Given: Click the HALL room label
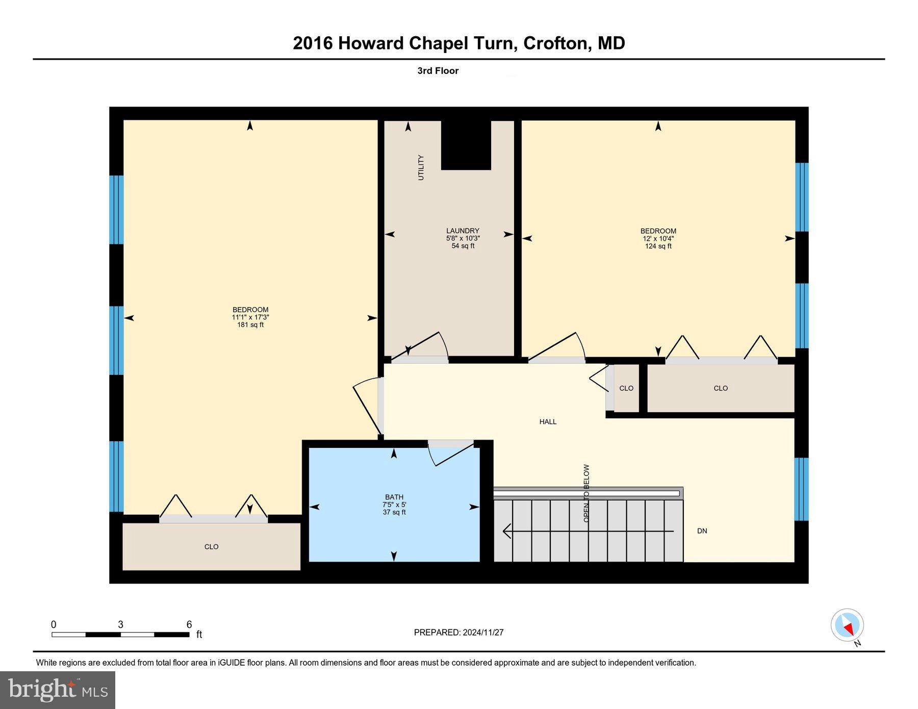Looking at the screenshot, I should point(548,422).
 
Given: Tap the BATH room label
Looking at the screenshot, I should point(394,497).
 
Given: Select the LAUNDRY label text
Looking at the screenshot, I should point(463,231).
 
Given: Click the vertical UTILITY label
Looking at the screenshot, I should point(421,167).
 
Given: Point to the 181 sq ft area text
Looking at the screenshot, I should point(250,325).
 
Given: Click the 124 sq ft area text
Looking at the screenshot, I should point(658,246).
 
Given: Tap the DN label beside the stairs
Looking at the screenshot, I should point(702,531).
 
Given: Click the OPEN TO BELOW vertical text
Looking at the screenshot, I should point(586,493).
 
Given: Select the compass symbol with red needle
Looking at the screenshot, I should point(847,625).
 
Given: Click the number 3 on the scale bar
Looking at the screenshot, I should point(120,625).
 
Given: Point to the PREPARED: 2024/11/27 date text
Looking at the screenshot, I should point(458,632).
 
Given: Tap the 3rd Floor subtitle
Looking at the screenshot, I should point(438,71).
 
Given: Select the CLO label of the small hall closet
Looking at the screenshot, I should point(626,388).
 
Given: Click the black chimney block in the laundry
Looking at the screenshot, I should point(466,145).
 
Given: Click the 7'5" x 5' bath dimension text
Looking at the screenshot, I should point(394,505).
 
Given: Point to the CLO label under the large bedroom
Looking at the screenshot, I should point(211,547).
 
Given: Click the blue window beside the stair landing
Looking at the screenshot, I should point(801,489).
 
